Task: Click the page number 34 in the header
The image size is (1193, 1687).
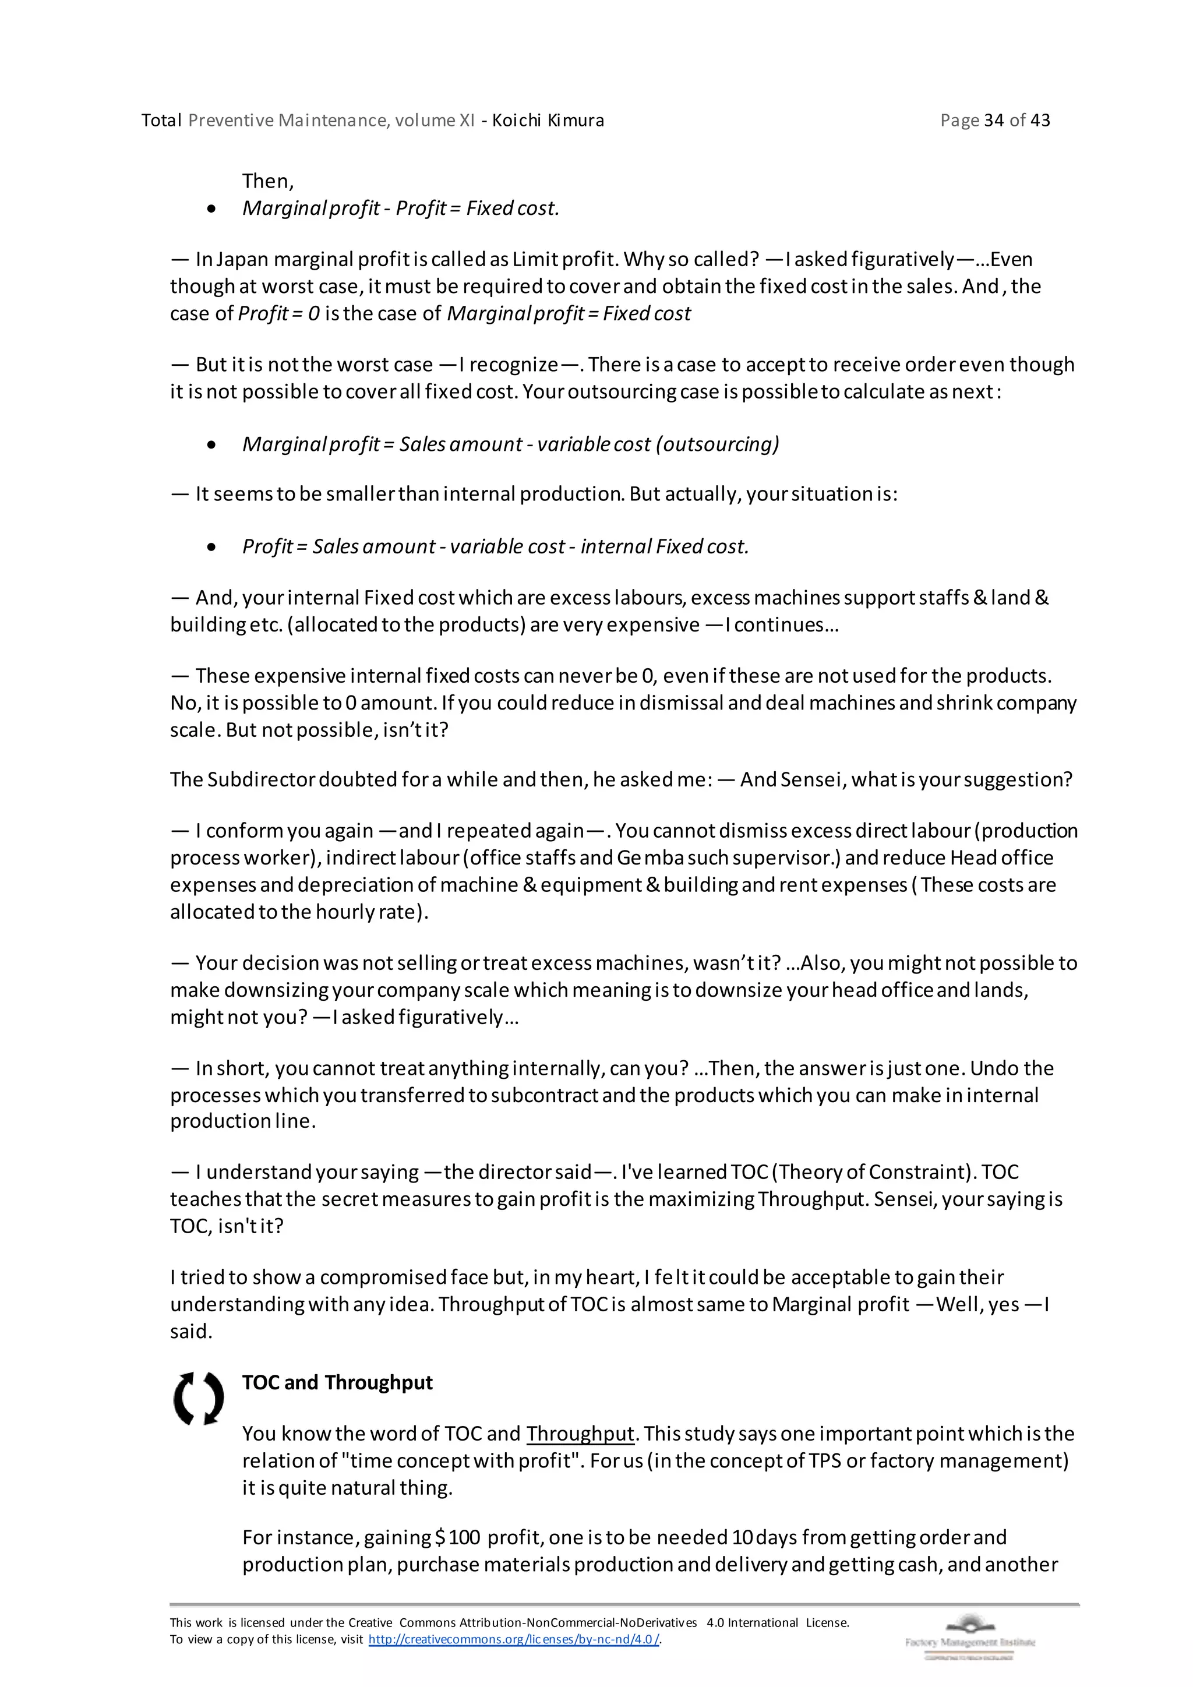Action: (x=994, y=121)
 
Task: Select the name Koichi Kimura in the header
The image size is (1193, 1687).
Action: (x=548, y=121)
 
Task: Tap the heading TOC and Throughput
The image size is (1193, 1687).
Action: (x=337, y=1383)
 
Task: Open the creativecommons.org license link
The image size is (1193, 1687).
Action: (x=513, y=1639)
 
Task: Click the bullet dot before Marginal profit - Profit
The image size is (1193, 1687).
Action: (x=211, y=209)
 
